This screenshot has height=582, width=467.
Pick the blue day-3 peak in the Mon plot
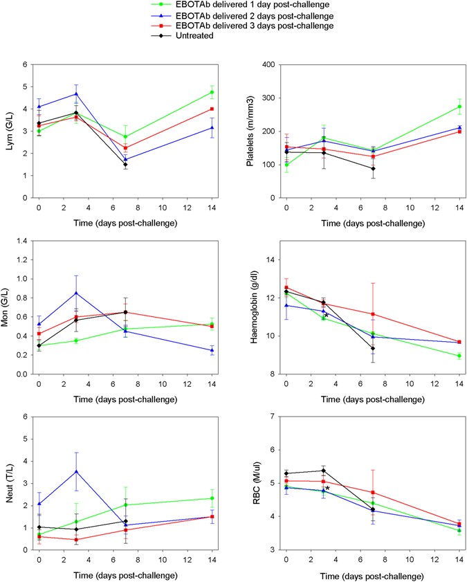tap(75, 293)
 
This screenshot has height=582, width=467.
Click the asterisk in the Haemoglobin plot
tap(327, 316)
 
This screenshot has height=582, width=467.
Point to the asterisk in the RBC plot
tap(327, 489)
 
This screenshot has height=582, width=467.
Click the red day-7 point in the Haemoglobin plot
tap(373, 314)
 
